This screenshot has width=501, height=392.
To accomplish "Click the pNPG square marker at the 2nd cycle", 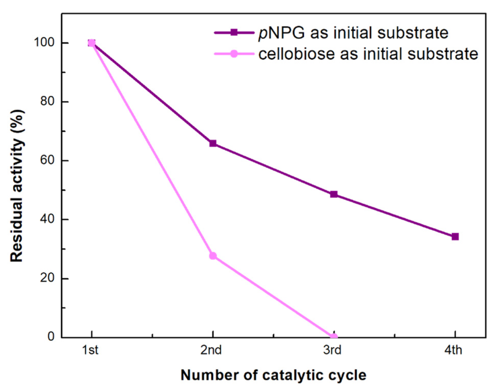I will point(213,143).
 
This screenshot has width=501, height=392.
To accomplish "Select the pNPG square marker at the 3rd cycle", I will point(334,194).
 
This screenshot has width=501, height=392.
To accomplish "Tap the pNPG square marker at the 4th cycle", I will point(455,236).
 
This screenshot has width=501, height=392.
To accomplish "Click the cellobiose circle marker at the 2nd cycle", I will point(213,256).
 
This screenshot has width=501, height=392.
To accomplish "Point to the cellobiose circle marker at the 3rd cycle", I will point(334,337).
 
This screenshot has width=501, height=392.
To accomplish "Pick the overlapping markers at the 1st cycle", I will point(92,43).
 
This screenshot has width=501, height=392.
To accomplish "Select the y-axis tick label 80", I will point(47,102).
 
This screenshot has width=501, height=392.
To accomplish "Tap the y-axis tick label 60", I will point(47,161).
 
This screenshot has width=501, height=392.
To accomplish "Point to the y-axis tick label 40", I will point(47,220).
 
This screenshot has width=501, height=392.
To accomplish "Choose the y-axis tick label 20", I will point(47,278).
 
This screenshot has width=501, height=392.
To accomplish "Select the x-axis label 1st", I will point(90,350).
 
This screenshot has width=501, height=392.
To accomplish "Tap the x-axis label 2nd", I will point(211,350).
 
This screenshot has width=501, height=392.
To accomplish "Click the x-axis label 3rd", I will point(332,350).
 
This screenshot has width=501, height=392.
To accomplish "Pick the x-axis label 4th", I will point(453,350).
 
